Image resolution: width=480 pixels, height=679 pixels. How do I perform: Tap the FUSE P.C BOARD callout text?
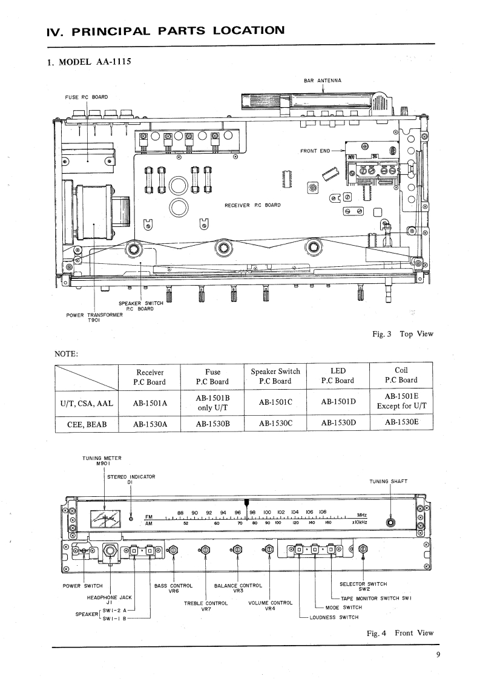point(87,97)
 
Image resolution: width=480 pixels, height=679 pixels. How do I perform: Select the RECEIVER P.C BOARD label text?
point(252,205)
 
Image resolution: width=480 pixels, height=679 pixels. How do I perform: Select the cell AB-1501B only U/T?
point(212,401)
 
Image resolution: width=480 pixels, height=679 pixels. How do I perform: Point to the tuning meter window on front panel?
point(104,520)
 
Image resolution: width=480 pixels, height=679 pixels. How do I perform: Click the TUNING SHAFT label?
point(389,482)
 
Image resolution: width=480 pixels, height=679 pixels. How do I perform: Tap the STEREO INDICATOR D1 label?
point(131,479)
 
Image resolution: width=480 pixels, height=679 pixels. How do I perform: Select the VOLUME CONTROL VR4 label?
point(270,605)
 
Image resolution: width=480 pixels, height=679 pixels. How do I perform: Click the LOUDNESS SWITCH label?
point(334,617)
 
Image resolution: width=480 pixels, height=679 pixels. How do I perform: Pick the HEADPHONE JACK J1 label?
point(110,599)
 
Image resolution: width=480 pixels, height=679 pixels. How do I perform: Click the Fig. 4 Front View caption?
point(400,633)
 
